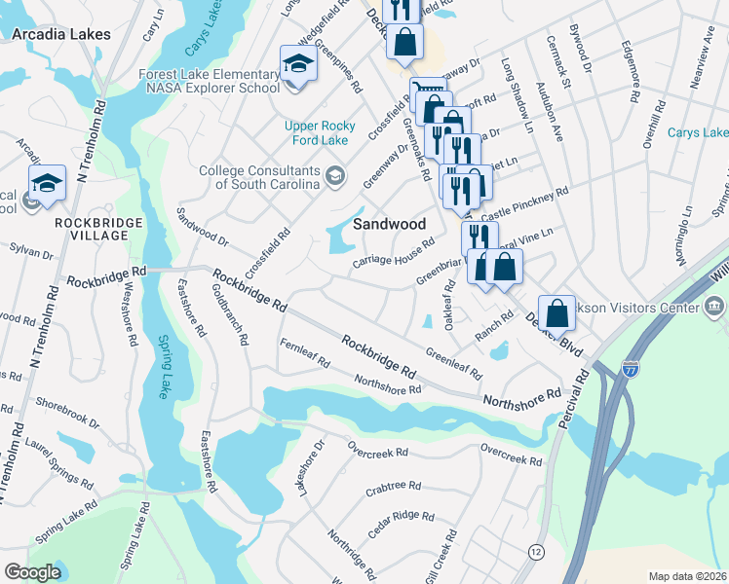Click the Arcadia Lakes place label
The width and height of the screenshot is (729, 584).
click(x=61, y=33)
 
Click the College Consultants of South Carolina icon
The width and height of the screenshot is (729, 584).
click(x=335, y=175)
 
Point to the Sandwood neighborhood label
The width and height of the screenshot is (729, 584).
click(x=390, y=224)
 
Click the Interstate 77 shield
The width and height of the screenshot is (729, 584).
click(x=629, y=368)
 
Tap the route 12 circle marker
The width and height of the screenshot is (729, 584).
click(x=536, y=552)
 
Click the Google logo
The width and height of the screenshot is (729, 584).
click(x=32, y=572)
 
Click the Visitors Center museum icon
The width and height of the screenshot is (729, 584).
click(x=713, y=309)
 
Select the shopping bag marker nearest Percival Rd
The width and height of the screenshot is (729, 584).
click(x=556, y=313)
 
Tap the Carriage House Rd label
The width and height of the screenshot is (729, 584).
click(x=393, y=255)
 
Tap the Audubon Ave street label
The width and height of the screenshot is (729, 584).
click(x=549, y=111)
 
